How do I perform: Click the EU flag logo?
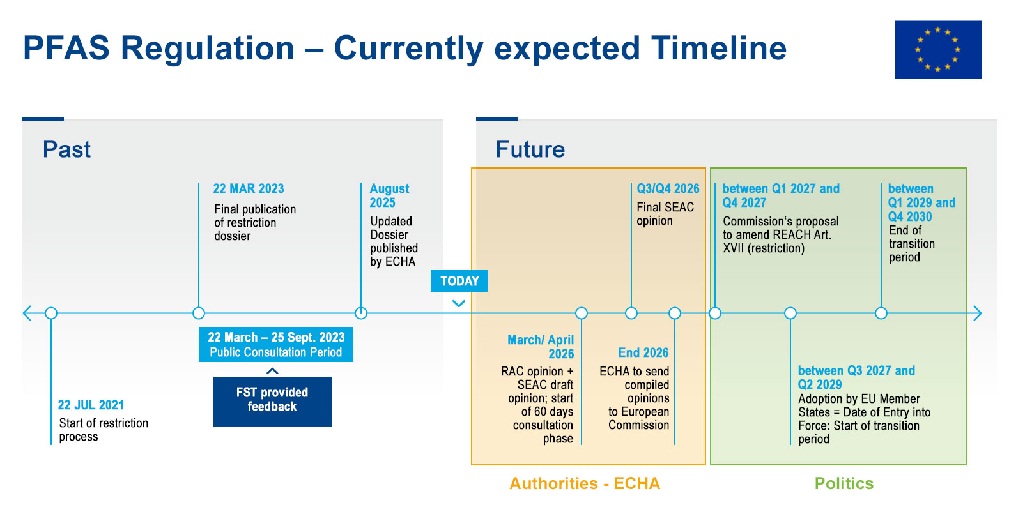tap(937, 50)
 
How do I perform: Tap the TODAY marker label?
tap(459, 281)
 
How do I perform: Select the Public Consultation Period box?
tap(275, 345)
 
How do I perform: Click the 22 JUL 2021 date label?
tap(91, 405)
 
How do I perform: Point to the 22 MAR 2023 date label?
tap(248, 188)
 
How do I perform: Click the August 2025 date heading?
tap(389, 195)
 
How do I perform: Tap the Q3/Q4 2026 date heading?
tap(668, 188)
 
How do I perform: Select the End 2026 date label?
tap(643, 352)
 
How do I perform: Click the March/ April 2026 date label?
tap(541, 347)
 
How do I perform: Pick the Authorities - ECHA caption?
tap(585, 483)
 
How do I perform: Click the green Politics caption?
tap(843, 483)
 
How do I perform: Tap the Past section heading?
tap(66, 149)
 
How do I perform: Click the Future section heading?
tap(530, 149)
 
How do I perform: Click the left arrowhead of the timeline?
tap(27, 313)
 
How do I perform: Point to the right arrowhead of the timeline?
tap(977, 313)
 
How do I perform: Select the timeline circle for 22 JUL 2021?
tap(51, 313)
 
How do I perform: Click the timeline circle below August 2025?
tap(361, 313)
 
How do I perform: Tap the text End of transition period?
tap(911, 244)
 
